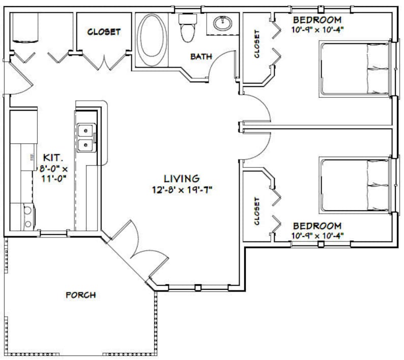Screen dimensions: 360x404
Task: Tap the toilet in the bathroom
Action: pyautogui.click(x=188, y=28)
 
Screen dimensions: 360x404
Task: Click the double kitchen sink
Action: pyautogui.click(x=85, y=138)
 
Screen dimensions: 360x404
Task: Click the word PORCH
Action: pyautogui.click(x=81, y=295)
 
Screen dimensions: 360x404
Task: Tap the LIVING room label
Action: pyautogui.click(x=181, y=178)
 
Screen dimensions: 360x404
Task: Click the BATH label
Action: pyautogui.click(x=201, y=56)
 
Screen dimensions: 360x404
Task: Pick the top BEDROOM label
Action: pyautogui.click(x=316, y=20)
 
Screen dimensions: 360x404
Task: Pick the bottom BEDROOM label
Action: pyautogui.click(x=316, y=225)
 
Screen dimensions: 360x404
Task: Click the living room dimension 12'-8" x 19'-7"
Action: pyautogui.click(x=181, y=191)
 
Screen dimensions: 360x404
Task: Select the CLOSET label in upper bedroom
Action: pyautogui.click(x=257, y=44)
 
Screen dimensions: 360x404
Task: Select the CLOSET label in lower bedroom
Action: pyautogui.click(x=257, y=211)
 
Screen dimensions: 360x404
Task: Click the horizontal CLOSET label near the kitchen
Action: pyautogui.click(x=104, y=32)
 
